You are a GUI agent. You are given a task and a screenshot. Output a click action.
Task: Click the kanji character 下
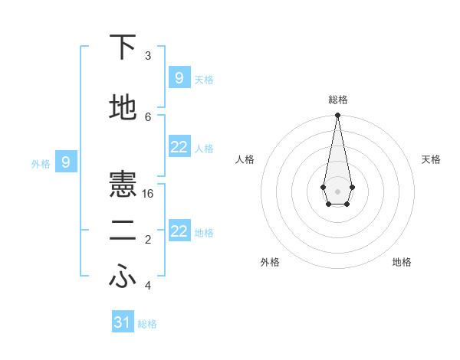pyautogui.click(x=123, y=47)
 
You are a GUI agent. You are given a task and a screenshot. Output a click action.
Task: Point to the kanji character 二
pyautogui.click(x=123, y=231)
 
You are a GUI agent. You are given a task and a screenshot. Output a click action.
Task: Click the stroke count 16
pyautogui.click(x=148, y=193)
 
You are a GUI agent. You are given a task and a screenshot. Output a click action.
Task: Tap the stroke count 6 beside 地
pyautogui.click(x=148, y=116)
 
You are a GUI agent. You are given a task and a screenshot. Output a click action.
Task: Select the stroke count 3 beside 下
pyautogui.click(x=148, y=56)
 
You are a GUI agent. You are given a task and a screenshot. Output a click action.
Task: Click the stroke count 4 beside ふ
pyautogui.click(x=148, y=286)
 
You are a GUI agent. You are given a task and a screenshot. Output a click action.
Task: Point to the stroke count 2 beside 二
pyautogui.click(x=148, y=240)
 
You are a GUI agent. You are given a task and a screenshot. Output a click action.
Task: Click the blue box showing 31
pyautogui.click(x=123, y=322)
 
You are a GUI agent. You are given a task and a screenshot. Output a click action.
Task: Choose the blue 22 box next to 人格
pyautogui.click(x=179, y=147)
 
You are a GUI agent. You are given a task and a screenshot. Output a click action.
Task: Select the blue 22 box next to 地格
pyautogui.click(x=179, y=231)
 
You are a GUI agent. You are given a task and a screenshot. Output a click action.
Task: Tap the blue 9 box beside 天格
pyautogui.click(x=179, y=77)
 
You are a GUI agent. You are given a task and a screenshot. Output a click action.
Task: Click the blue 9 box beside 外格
pyautogui.click(x=66, y=162)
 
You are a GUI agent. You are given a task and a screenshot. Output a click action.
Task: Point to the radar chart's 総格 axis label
pyautogui.click(x=337, y=100)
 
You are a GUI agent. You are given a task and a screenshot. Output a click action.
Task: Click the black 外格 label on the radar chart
pyautogui.click(x=270, y=262)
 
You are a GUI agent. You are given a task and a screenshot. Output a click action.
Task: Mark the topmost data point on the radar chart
pyautogui.click(x=337, y=116)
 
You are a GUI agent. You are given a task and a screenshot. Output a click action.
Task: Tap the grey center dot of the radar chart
pyautogui.click(x=337, y=191)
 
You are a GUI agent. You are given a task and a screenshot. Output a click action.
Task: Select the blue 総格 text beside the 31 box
pyautogui.click(x=147, y=324)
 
